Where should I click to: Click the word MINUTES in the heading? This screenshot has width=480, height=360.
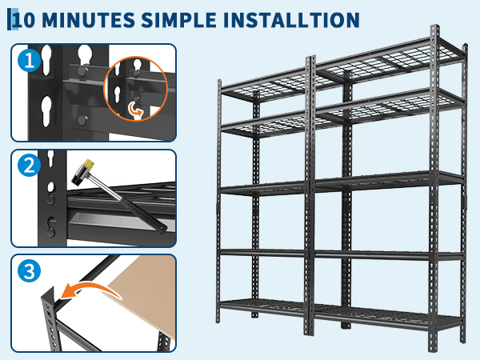[88, 20]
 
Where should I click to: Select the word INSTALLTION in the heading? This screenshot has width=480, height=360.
[291, 20]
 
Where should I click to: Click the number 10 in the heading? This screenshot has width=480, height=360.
[25, 21]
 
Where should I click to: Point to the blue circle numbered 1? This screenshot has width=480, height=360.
[30, 60]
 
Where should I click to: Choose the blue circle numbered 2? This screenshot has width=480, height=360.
[30, 166]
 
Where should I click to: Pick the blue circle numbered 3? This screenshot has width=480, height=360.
[30, 271]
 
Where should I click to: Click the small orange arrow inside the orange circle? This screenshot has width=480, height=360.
[134, 110]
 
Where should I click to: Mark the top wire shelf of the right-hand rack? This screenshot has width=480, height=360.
[389, 64]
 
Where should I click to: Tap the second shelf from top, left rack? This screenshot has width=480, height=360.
[265, 126]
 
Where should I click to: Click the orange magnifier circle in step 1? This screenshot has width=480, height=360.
[136, 89]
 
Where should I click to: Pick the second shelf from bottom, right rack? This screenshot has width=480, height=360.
[388, 255]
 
